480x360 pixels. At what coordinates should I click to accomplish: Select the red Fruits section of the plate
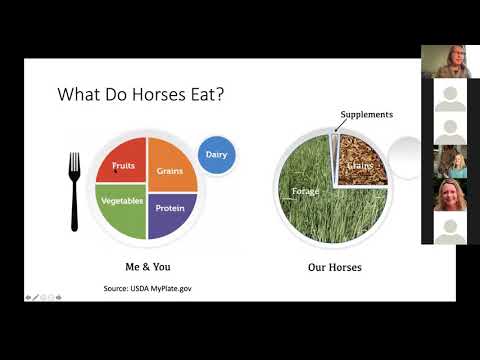(122, 165)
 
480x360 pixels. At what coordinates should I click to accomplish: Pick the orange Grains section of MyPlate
(172, 165)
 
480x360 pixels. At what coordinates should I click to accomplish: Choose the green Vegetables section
(122, 205)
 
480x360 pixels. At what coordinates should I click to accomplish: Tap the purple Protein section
(171, 208)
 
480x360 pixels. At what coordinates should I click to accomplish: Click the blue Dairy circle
(216, 155)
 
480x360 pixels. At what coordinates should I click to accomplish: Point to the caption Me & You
(147, 267)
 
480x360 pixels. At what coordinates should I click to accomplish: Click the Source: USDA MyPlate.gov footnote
(146, 288)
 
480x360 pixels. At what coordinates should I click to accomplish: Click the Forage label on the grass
(305, 190)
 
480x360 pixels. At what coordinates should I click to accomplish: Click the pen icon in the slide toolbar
(37, 297)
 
